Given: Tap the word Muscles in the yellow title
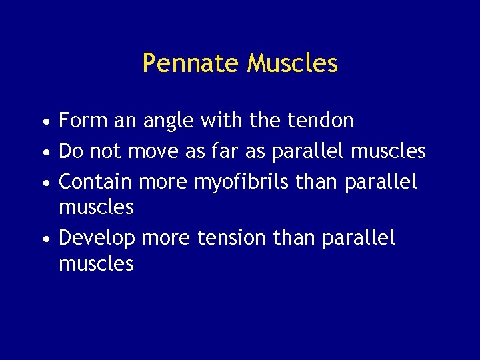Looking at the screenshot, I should click(292, 63).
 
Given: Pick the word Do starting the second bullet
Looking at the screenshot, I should click(71, 151).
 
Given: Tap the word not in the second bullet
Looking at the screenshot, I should click(105, 151).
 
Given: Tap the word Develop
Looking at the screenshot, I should click(97, 238).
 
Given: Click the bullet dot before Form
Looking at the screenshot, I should click(43, 123).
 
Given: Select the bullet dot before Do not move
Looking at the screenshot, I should click(43, 153).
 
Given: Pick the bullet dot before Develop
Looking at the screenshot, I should click(43, 239).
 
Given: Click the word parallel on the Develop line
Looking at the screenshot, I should click(358, 238).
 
